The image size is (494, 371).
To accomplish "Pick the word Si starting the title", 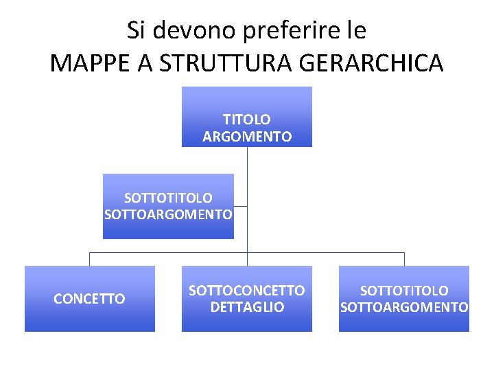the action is [135, 30].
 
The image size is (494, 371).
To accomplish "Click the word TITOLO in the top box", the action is [247, 120].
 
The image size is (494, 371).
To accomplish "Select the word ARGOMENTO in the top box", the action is [247, 137].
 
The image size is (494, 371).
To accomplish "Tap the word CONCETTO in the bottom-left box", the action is [89, 299].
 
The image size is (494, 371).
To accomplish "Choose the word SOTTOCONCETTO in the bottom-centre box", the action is [247, 291].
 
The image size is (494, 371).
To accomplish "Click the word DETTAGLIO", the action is [247, 307].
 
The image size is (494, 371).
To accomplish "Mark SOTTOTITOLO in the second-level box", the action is [168, 198].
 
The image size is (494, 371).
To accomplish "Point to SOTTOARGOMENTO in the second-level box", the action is [168, 214].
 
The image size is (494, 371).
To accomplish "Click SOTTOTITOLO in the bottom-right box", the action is [404, 291].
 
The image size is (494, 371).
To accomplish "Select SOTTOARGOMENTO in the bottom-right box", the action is [404, 307].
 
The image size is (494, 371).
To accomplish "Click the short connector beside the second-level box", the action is [240, 206].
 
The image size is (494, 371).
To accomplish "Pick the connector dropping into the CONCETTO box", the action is [89, 259].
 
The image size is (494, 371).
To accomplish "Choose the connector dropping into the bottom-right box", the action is [404, 259].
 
